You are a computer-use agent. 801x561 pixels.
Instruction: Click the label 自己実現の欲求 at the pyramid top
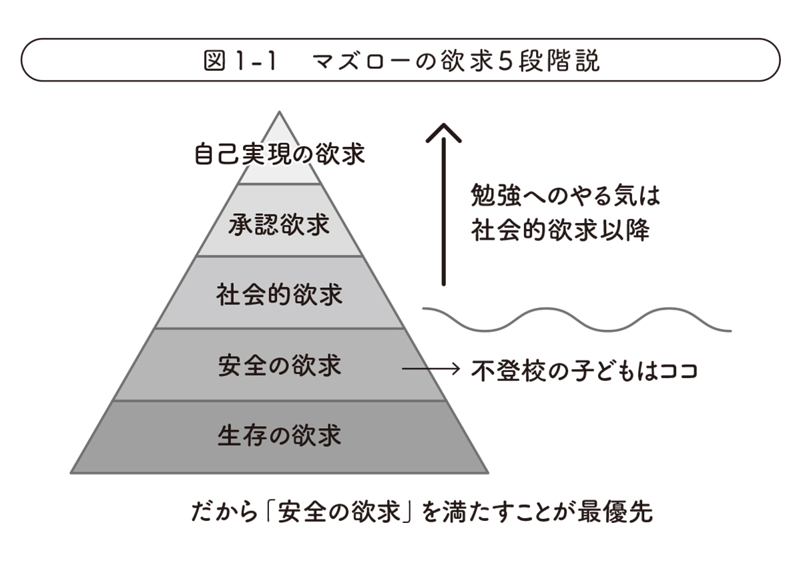tap(280, 155)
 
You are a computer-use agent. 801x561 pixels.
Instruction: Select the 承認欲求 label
tap(280, 225)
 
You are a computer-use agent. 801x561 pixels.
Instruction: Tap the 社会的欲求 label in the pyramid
tap(280, 295)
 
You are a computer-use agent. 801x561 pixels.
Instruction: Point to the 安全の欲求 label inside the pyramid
tap(280, 366)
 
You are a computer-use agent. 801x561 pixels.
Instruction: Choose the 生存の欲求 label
tap(280, 435)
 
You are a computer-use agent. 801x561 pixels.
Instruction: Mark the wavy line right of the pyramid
tap(577, 319)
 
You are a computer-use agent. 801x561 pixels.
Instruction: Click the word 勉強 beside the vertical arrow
tap(491, 197)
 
